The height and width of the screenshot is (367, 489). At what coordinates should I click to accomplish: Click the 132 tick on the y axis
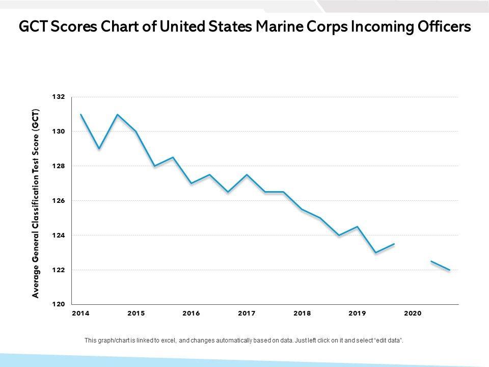(59, 97)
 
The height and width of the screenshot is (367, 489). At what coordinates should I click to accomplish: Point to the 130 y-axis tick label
(59, 132)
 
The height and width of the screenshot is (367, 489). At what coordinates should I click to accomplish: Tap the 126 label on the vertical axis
(59, 201)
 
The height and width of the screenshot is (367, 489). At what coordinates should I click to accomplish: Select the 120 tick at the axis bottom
(59, 304)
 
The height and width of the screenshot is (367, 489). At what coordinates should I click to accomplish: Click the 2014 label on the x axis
(80, 313)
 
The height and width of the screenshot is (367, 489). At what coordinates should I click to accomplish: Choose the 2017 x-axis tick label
(247, 313)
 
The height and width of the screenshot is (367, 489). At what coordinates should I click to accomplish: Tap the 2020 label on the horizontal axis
(413, 313)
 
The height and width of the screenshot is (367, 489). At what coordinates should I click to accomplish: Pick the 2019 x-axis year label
(357, 313)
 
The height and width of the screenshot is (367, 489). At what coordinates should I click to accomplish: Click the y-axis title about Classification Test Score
(36, 203)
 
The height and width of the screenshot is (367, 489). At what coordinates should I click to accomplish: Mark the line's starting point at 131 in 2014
(80, 114)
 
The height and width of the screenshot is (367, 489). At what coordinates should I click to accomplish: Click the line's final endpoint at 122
(450, 270)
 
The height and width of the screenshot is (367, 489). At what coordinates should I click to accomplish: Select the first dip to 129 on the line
(99, 149)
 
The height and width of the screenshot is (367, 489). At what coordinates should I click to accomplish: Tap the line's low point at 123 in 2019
(376, 253)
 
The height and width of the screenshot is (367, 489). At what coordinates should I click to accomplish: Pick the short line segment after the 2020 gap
(441, 266)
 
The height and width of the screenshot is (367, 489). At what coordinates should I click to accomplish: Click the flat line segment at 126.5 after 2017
(274, 192)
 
